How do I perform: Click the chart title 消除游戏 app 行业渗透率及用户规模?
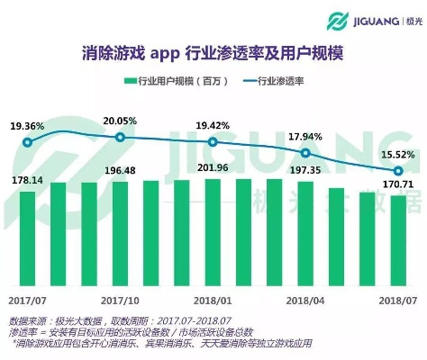213,52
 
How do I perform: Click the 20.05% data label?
120,121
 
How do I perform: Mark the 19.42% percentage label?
213,126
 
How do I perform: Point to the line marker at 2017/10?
120,137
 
